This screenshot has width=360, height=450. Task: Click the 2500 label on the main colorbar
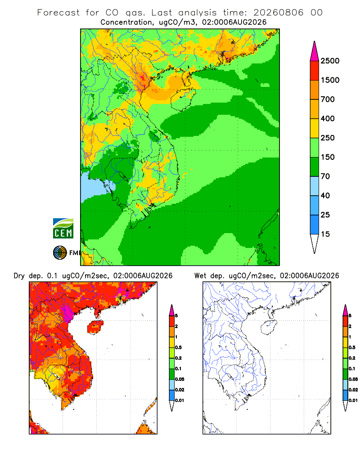coord(330,61)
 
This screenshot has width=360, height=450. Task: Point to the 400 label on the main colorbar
coord(328,118)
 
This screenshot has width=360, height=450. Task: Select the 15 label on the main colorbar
coord(325,234)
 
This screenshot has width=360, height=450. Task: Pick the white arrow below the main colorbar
coord(315,243)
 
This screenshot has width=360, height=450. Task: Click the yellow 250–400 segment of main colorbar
coord(315,128)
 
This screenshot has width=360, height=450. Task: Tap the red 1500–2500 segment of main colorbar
coord(315,70)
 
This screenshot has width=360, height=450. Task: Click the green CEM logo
coord(63,229)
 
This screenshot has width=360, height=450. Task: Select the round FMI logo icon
coord(60,253)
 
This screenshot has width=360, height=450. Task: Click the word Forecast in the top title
coord(58,13)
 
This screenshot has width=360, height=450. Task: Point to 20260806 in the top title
coord(278,13)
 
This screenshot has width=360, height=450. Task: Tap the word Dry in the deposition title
coord(19,276)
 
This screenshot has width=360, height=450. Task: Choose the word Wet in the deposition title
coord(200,276)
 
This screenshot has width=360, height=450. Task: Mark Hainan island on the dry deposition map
coord(95,327)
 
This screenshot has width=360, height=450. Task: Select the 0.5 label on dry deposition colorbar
coord(178,347)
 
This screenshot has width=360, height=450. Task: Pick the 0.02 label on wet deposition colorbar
coord(353,390)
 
